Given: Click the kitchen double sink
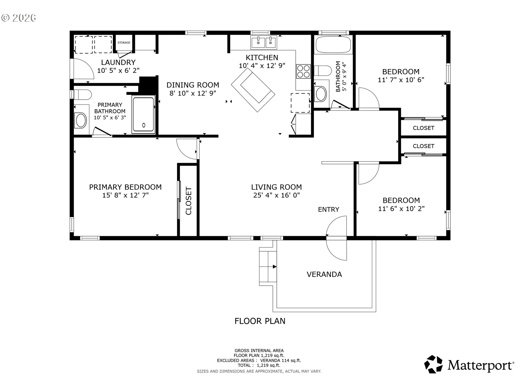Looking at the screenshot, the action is (x=264, y=42).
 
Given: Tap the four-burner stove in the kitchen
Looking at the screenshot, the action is (x=303, y=71).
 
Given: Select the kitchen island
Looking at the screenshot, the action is (x=253, y=90).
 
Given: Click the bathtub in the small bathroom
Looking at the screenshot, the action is (x=333, y=45).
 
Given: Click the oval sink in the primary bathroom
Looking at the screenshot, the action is (x=81, y=120).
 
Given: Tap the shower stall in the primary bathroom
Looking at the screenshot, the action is (x=144, y=114).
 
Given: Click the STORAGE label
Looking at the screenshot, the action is (x=124, y=43).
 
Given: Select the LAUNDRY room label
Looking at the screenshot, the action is (x=118, y=62).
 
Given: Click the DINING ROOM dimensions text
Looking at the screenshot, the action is (x=193, y=93).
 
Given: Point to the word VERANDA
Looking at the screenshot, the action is (x=324, y=274).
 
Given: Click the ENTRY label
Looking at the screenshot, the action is (x=329, y=209).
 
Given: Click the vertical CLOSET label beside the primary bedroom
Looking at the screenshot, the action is (x=188, y=201).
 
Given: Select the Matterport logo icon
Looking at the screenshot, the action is (x=433, y=364).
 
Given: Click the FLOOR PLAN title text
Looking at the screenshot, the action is (x=260, y=321).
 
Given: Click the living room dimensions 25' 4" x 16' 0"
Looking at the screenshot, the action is (x=277, y=195).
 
